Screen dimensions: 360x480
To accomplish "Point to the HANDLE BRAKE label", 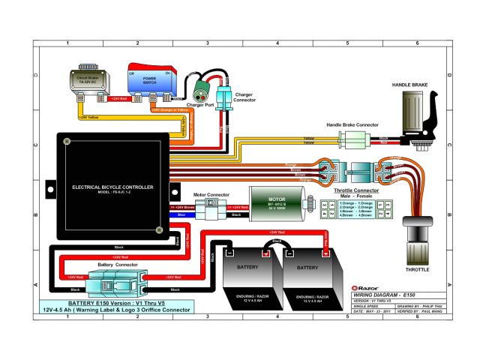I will point(409,85).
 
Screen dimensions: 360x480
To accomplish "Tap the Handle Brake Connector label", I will point(352,124).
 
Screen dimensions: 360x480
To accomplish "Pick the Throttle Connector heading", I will point(355,191).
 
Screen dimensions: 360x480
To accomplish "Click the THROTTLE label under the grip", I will point(417,267).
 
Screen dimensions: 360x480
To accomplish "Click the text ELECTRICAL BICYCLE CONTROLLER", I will point(112,186).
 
